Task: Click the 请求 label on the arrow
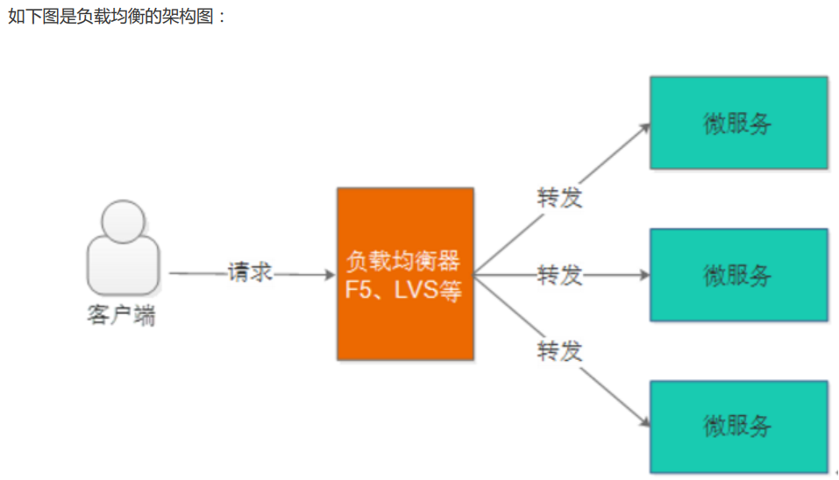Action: tap(251, 273)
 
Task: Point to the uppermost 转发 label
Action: tap(559, 198)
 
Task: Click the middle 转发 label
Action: tap(559, 275)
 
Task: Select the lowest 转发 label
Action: tap(559, 352)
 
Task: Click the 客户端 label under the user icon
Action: tap(122, 315)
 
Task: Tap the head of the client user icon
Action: tap(123, 220)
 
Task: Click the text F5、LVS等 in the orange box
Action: tap(404, 290)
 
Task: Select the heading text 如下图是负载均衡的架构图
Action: tap(117, 16)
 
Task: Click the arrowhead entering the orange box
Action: tap(331, 274)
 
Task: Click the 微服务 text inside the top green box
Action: tap(738, 124)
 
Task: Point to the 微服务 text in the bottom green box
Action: tap(738, 427)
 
